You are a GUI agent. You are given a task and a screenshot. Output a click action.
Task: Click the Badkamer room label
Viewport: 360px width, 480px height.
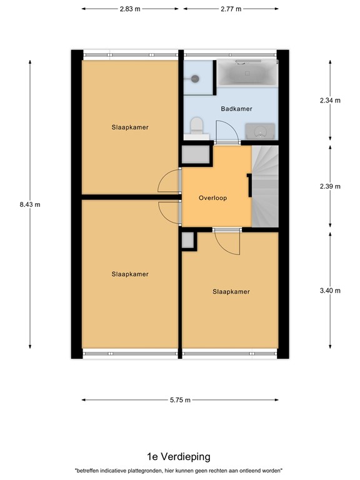coord(237,109)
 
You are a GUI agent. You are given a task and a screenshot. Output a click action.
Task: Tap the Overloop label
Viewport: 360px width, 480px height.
coord(212,198)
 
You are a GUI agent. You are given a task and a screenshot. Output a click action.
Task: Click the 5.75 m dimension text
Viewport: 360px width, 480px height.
coord(179,400)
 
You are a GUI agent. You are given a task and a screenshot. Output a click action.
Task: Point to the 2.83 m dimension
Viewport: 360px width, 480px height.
coord(129,9)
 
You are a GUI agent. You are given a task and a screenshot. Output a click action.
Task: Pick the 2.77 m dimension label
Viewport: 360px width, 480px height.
coord(231,9)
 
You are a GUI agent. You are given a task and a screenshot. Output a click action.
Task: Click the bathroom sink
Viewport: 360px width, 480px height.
coord(260,131)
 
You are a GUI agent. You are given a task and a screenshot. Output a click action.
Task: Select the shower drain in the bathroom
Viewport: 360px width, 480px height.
coord(195,79)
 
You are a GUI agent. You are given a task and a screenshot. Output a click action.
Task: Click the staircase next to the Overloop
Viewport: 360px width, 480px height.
coord(264,186)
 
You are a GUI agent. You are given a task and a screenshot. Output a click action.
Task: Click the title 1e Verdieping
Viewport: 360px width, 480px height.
coord(179,457)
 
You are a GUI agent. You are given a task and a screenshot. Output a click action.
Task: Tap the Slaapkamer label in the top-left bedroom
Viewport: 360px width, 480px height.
coord(130,127)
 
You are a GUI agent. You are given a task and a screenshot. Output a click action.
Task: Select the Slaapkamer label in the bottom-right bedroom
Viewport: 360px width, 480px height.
coord(231,291)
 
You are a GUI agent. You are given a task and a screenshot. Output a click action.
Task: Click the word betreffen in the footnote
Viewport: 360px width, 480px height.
coord(89,471)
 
